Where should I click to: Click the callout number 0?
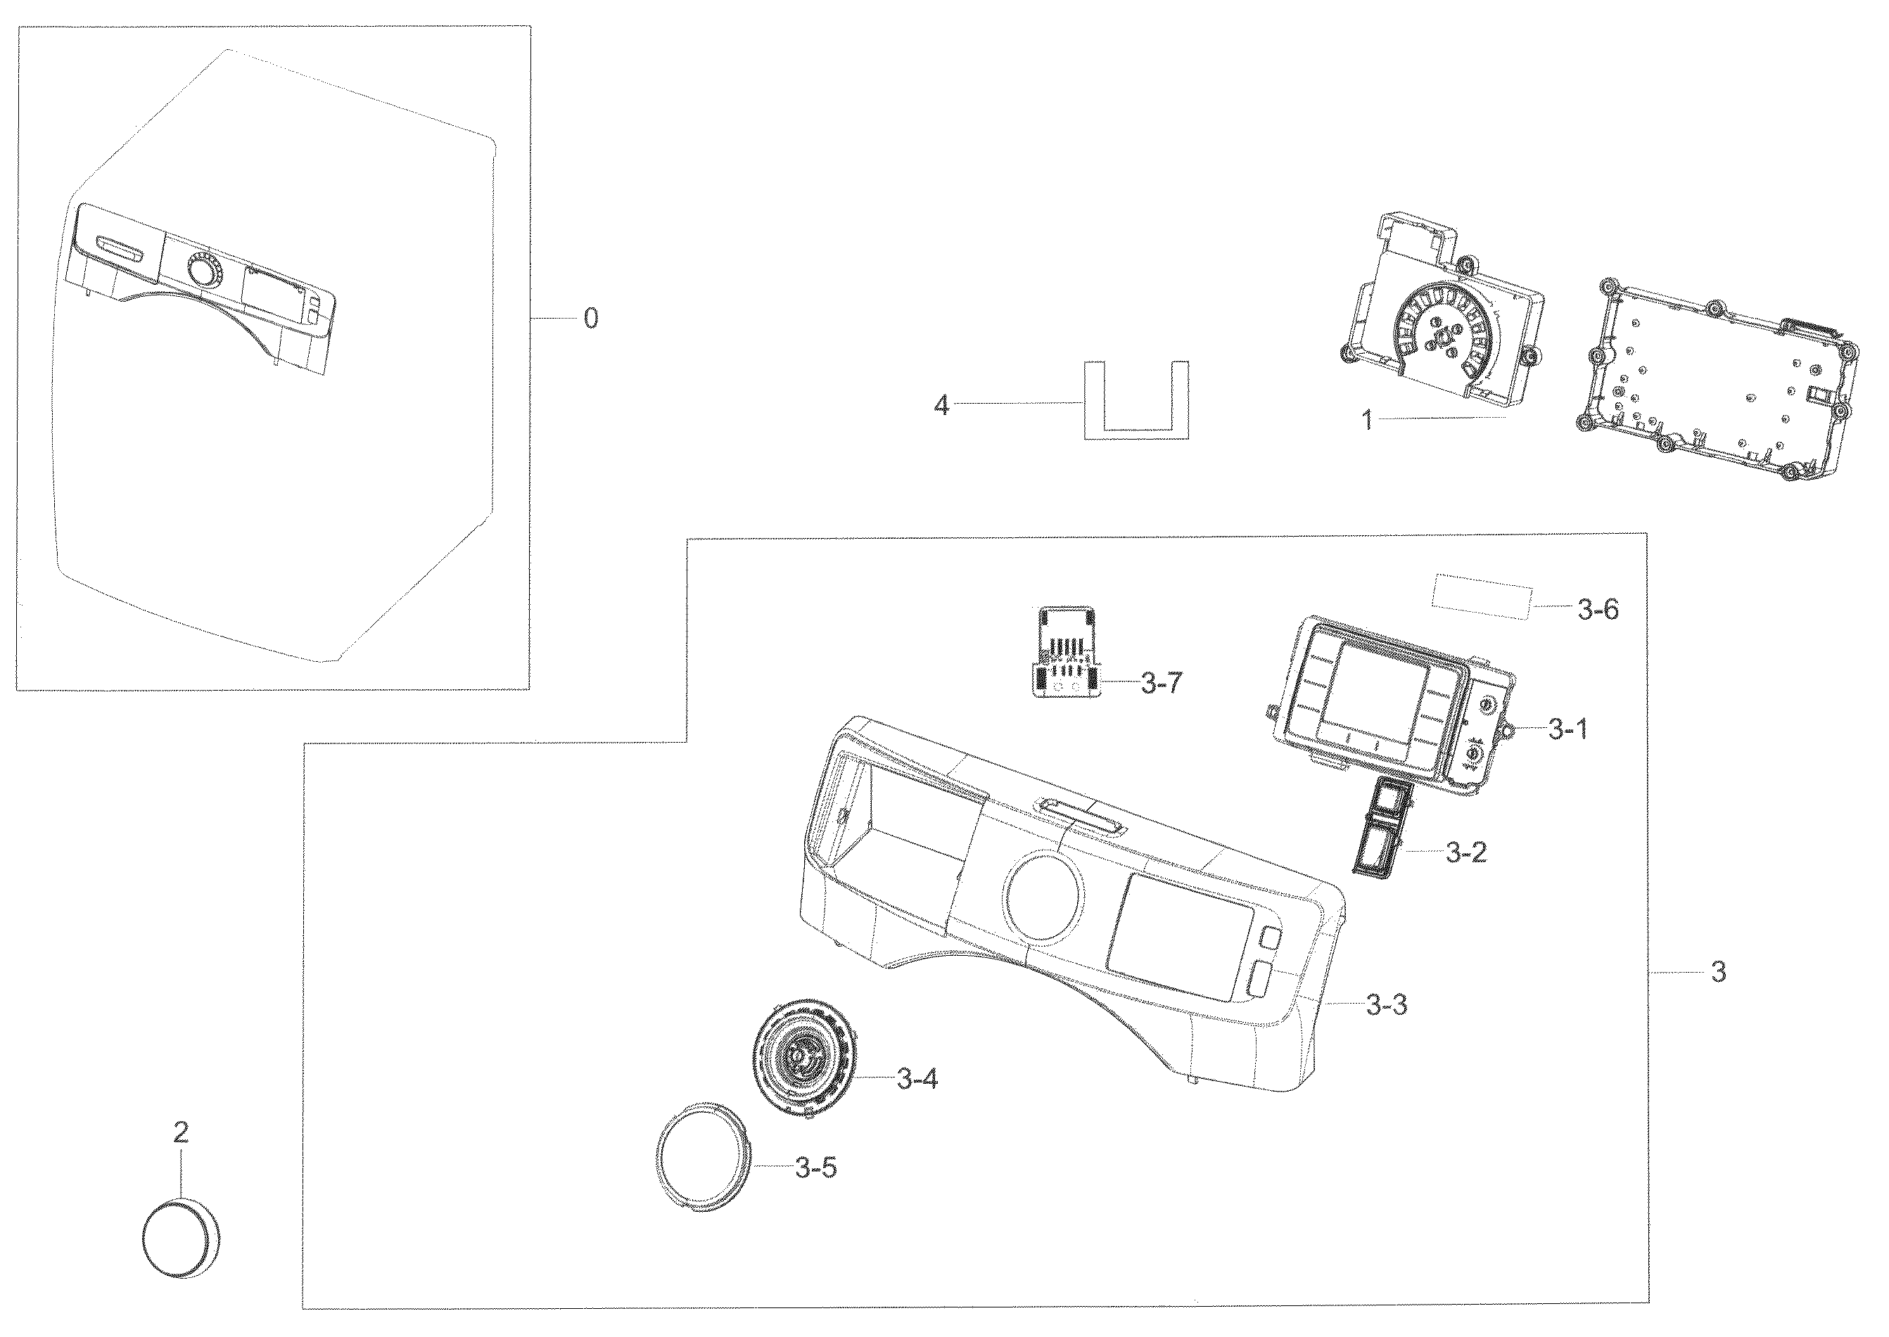click(590, 319)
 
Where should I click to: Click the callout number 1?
click(1367, 421)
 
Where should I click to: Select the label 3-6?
click(1598, 609)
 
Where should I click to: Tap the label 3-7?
click(1161, 684)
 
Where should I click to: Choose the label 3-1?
click(1567, 729)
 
